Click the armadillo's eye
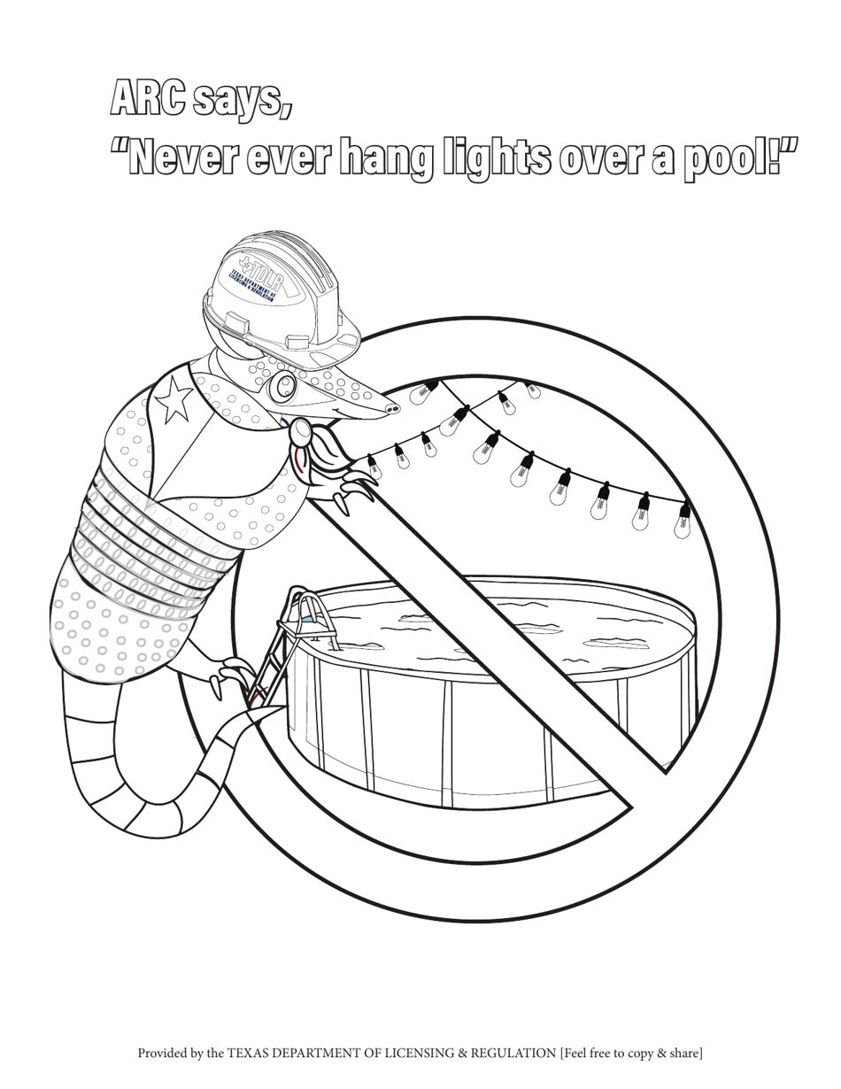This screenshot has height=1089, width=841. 284,385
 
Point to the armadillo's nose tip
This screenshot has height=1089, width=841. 392,407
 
